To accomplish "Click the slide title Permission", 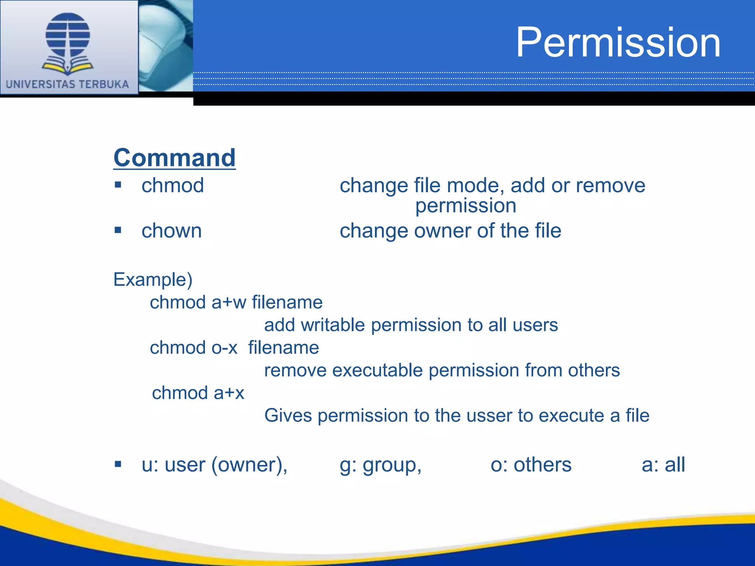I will (x=618, y=43).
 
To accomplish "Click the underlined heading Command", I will (x=174, y=158).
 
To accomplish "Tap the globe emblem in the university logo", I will (x=68, y=35).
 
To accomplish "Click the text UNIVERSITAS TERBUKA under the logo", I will (x=67, y=84).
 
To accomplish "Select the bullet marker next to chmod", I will (x=118, y=185).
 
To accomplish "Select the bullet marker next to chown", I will (x=118, y=230).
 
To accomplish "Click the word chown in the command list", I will (x=171, y=231).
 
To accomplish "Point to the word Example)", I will (x=153, y=279).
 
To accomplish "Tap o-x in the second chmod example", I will (x=224, y=348).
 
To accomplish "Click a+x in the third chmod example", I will (x=229, y=393).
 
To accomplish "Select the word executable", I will (x=377, y=370).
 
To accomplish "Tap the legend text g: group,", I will (x=380, y=465).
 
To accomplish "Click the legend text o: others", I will (x=531, y=465).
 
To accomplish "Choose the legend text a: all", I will (x=663, y=465).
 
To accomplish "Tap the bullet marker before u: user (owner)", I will (x=118, y=464).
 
